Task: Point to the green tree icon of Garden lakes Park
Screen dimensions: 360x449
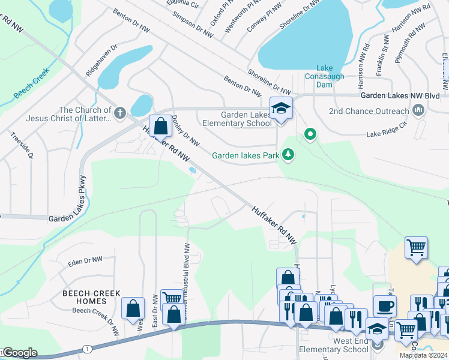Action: pyautogui.click(x=289, y=155)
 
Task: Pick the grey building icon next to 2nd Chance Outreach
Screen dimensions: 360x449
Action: pyautogui.click(x=418, y=110)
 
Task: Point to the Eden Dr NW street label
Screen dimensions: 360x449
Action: pyautogui.click(x=85, y=261)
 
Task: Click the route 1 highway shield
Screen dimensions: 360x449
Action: pyautogui.click(x=87, y=349)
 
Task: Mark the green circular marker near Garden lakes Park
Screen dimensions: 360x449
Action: pyautogui.click(x=310, y=134)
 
